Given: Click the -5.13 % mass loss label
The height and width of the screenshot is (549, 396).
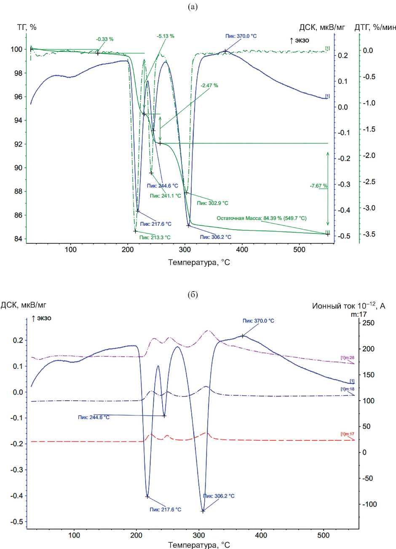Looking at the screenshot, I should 165,36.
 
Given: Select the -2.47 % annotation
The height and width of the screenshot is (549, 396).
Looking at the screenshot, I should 209,85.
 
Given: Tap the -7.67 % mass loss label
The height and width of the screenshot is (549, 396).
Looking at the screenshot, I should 319,185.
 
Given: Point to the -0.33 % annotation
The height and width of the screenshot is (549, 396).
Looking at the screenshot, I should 104,39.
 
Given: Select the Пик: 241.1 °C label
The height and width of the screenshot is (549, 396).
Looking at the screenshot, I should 166,195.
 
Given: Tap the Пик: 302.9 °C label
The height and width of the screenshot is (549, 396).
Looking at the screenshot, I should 212,203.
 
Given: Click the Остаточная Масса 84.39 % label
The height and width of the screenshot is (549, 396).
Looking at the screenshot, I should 261,219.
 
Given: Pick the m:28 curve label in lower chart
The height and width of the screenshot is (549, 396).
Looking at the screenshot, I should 347,358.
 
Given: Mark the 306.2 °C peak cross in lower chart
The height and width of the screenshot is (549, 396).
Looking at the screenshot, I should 203,511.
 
